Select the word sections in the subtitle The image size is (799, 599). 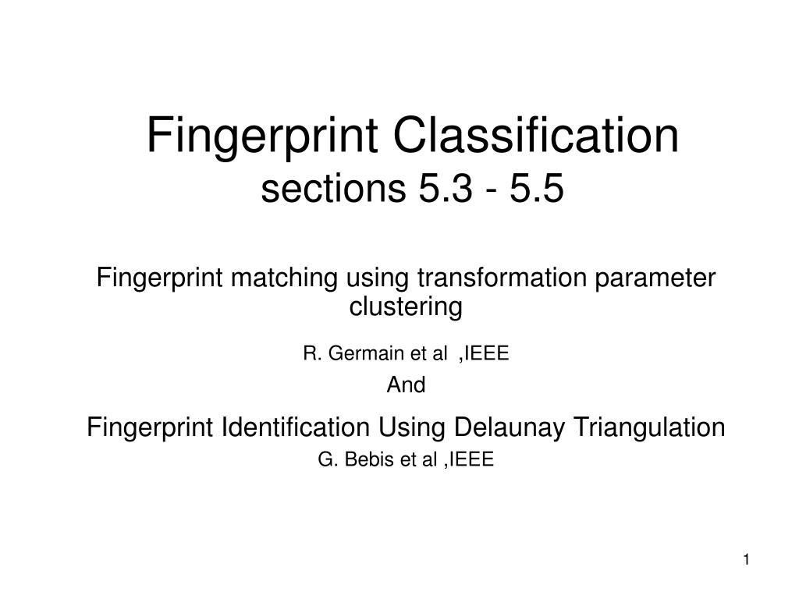pyautogui.click(x=332, y=188)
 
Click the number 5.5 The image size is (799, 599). pyautogui.click(x=537, y=188)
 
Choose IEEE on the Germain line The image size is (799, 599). pyautogui.click(x=487, y=353)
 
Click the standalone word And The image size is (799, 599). pyautogui.click(x=406, y=385)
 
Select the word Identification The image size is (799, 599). pyautogui.click(x=296, y=427)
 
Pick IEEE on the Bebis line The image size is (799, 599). pyautogui.click(x=471, y=459)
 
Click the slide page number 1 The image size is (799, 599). pyautogui.click(x=746, y=560)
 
